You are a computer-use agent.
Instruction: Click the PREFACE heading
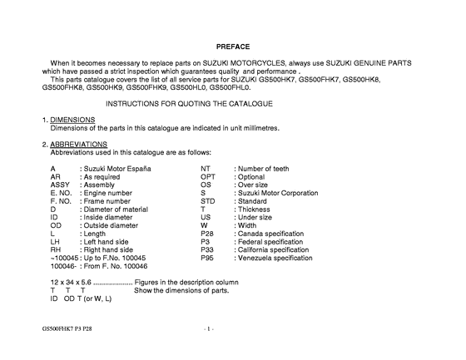click(232, 46)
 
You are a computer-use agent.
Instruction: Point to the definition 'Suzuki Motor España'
click(118, 168)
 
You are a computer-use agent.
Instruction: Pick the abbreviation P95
click(208, 259)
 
